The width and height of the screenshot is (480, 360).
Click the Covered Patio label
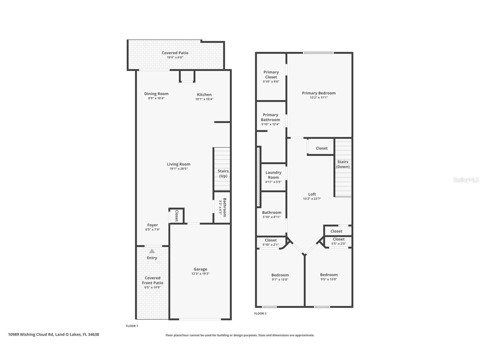175,53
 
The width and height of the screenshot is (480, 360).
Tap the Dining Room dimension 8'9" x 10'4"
156,98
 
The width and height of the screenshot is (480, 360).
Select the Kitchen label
204,95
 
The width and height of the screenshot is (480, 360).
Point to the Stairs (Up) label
223,173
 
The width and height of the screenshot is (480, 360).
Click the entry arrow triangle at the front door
152,251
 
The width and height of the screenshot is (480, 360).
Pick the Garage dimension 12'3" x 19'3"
200,274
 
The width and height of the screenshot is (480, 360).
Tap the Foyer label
152,225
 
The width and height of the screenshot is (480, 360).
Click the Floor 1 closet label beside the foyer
177,216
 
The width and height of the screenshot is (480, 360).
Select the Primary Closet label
271,75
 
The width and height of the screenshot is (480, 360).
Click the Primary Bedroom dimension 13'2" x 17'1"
319,98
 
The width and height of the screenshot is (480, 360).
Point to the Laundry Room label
273,175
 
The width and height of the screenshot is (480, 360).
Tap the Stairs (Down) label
343,164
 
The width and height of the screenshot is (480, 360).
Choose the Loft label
312,194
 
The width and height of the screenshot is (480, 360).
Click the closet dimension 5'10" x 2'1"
271,245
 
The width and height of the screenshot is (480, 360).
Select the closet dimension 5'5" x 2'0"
339,244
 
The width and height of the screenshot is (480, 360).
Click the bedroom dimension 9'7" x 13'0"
280,280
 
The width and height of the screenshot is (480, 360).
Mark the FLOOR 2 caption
260,314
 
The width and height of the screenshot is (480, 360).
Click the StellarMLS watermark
466,180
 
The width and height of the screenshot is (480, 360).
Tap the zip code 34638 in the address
93,335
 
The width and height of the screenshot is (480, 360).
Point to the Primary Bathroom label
270,117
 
